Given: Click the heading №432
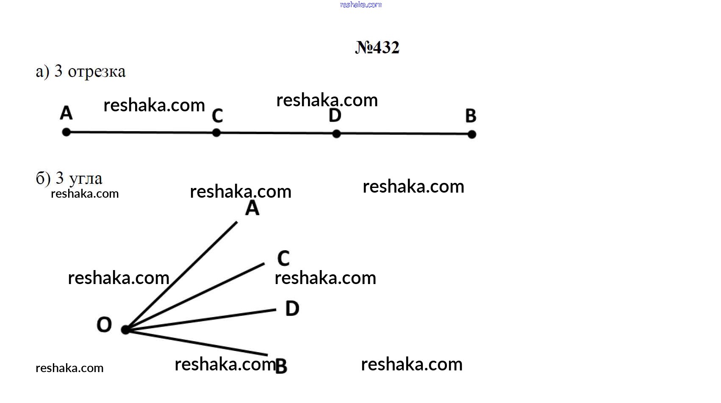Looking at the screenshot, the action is [377, 47].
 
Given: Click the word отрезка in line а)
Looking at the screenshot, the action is [97, 72].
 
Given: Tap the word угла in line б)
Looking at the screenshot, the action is [86, 179].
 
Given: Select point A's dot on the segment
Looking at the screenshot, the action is [67, 132].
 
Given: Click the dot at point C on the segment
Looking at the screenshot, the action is [216, 132].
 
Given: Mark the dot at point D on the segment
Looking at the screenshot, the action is [336, 133].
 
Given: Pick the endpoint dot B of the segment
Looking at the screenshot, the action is [472, 134].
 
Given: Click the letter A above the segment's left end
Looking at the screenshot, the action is [67, 113].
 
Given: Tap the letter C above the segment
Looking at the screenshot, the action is [218, 116].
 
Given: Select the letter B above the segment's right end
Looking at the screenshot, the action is [471, 116].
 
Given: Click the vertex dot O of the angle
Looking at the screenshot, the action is [125, 329].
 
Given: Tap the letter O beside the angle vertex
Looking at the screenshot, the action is [104, 324].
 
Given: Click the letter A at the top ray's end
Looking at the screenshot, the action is [252, 208].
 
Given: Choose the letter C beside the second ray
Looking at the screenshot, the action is [283, 258].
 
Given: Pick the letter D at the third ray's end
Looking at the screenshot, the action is [292, 308].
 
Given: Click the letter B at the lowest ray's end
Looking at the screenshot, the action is [281, 366].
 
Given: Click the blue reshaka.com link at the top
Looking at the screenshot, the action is [361, 5].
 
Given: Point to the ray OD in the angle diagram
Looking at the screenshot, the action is [201, 319].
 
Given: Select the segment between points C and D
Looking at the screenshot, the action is [276, 133].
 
